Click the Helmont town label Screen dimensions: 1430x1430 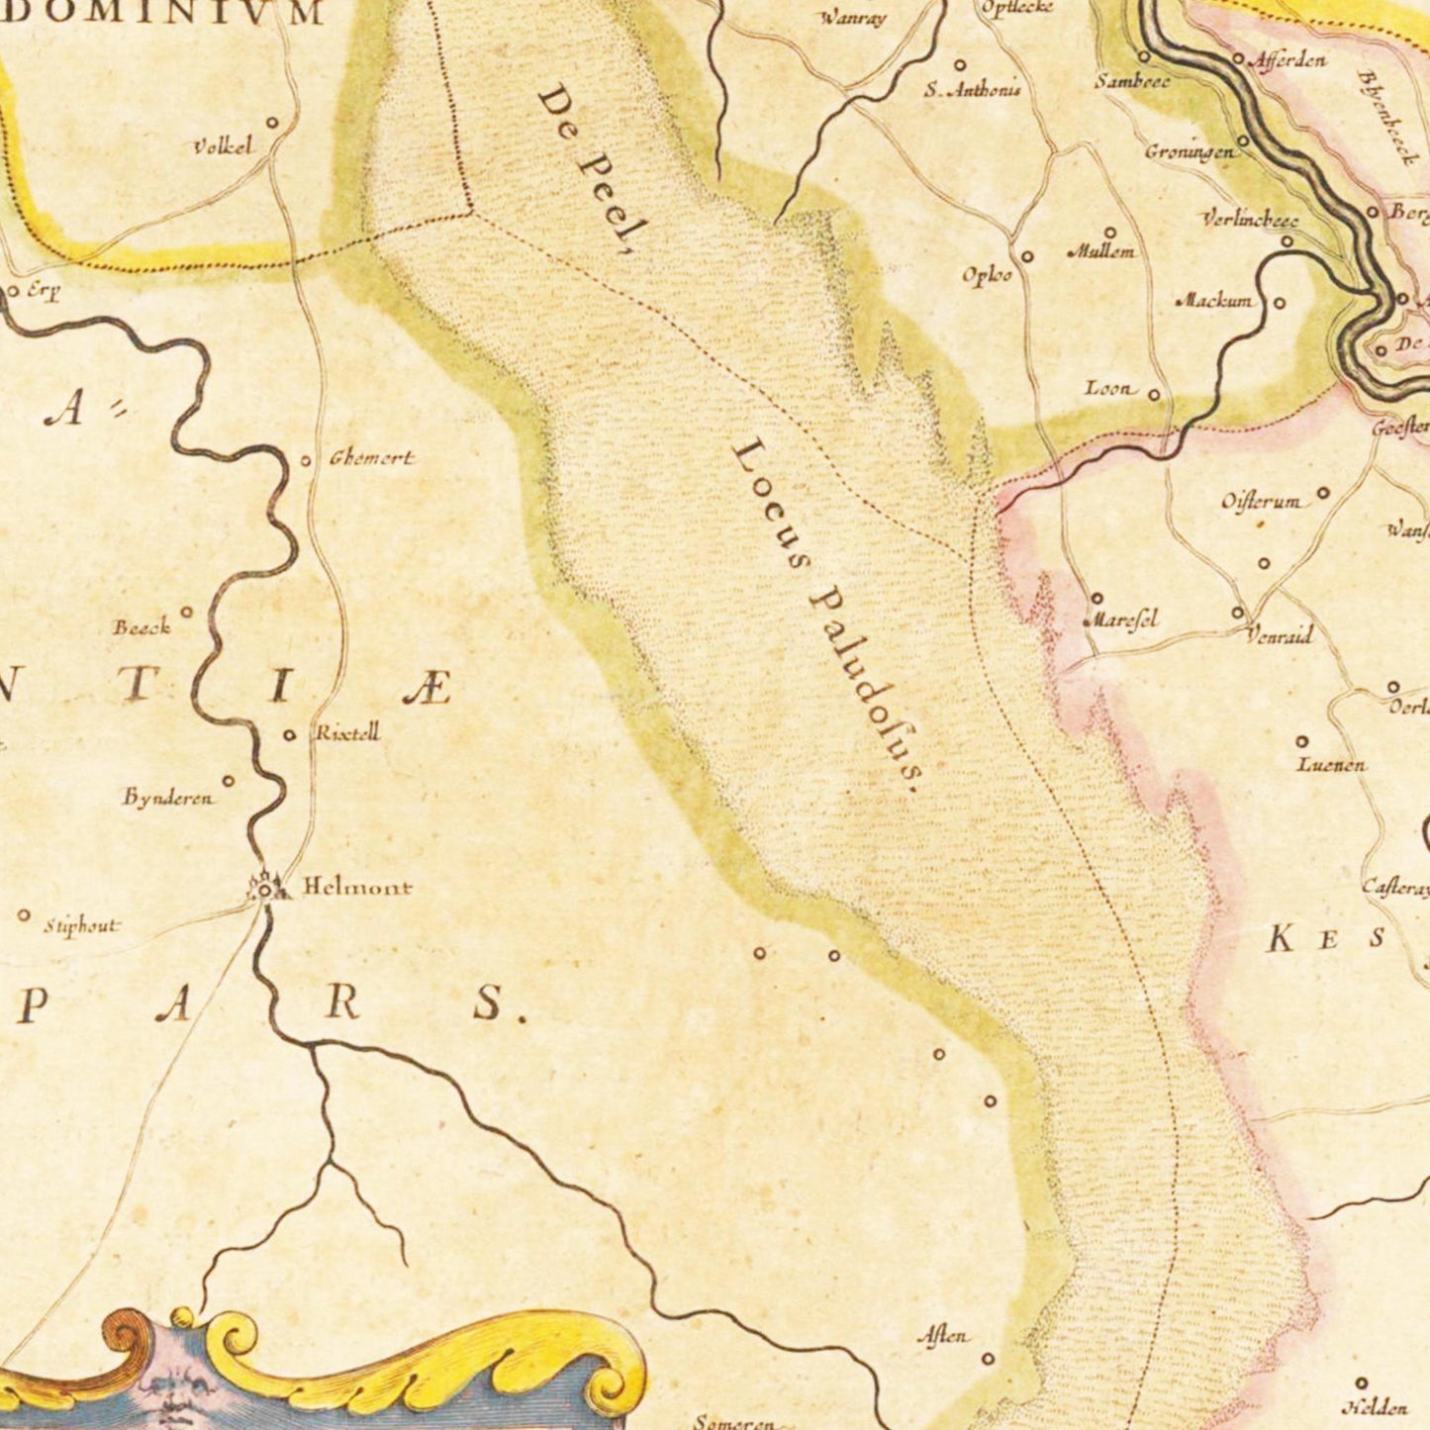click(x=356, y=887)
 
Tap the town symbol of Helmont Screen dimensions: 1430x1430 click(x=265, y=889)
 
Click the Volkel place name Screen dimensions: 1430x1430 click(x=223, y=146)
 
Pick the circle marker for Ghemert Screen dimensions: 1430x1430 click(x=306, y=460)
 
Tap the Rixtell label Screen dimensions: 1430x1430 click(x=347, y=734)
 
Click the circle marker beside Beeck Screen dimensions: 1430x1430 click(x=186, y=612)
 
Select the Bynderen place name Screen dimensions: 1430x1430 click(x=167, y=798)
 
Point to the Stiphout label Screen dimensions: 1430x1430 click(x=80, y=926)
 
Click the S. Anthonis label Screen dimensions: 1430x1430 click(x=972, y=90)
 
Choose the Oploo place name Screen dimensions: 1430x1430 click(x=987, y=275)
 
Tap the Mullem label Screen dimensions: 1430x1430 click(x=1100, y=251)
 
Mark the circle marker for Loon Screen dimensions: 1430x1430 click(x=1154, y=395)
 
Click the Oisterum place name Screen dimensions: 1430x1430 click(x=1261, y=502)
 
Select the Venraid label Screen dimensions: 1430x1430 click(x=1279, y=635)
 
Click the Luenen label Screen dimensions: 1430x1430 click(x=1331, y=764)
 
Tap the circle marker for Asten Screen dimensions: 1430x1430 click(x=988, y=1359)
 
